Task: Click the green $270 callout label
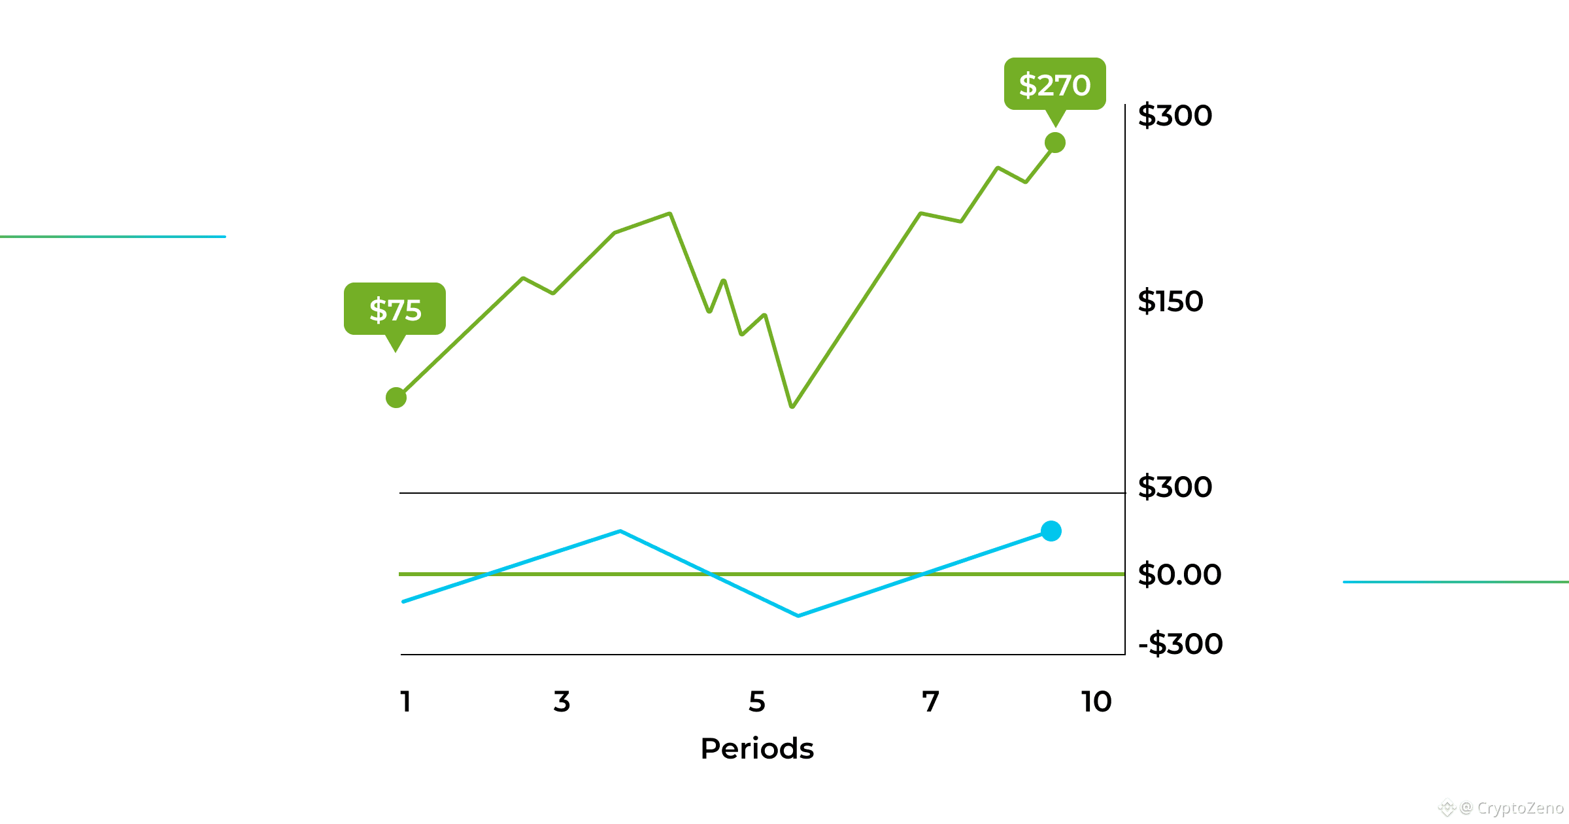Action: tap(1054, 84)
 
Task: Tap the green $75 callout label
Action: tap(395, 309)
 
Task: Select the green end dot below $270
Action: tap(1054, 143)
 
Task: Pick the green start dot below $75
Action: tap(396, 398)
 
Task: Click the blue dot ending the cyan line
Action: tap(1051, 531)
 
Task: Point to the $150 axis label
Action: tap(1170, 301)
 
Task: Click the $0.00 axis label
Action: tap(1179, 575)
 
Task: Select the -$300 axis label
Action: tap(1181, 644)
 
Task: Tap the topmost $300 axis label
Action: tap(1175, 116)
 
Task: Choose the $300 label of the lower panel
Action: tap(1175, 487)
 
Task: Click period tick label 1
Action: tap(405, 702)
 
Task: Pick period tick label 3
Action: tap(562, 702)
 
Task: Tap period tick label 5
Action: tap(756, 702)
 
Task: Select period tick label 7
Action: tap(930, 702)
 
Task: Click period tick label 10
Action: tap(1096, 702)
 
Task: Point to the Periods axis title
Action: tap(757, 749)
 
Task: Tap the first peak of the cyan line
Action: tap(620, 531)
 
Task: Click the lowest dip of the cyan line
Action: tap(798, 615)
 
